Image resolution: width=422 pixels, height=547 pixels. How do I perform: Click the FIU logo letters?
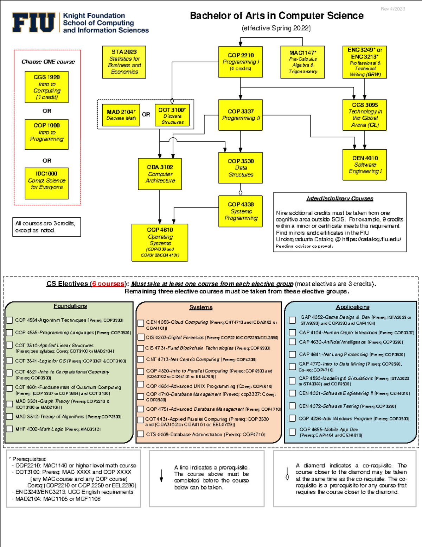coord(34,23)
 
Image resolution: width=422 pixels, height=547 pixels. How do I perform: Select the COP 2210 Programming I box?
coord(241,62)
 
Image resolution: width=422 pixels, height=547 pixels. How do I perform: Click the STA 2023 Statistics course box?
coord(124,62)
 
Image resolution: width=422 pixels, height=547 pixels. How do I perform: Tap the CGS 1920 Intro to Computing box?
coord(47,87)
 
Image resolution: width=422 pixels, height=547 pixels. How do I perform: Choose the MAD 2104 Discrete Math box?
coord(121,115)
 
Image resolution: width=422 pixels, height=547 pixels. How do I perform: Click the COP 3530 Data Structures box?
coord(241,168)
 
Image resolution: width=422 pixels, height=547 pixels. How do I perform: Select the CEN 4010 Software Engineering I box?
coord(365,165)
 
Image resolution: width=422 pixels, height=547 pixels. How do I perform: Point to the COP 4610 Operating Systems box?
coord(160,242)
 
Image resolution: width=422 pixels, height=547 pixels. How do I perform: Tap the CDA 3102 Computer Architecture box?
coord(160,174)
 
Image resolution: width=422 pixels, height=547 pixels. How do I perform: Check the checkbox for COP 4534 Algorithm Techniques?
coord(10,320)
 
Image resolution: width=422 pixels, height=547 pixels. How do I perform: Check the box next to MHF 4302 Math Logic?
coord(10,429)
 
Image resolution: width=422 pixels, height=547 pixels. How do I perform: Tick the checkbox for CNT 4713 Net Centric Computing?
coord(140,359)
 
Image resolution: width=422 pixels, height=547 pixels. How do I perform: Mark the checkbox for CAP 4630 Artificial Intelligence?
coord(292,342)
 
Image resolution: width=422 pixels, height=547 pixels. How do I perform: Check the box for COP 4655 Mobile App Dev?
coord(292,432)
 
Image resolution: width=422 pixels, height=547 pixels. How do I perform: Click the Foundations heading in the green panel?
coord(70,306)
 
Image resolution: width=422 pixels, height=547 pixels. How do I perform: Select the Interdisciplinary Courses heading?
coord(340,199)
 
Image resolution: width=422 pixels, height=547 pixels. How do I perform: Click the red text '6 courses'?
coord(108,284)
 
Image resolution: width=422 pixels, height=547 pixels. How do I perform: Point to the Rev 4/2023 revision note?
coord(393,9)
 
